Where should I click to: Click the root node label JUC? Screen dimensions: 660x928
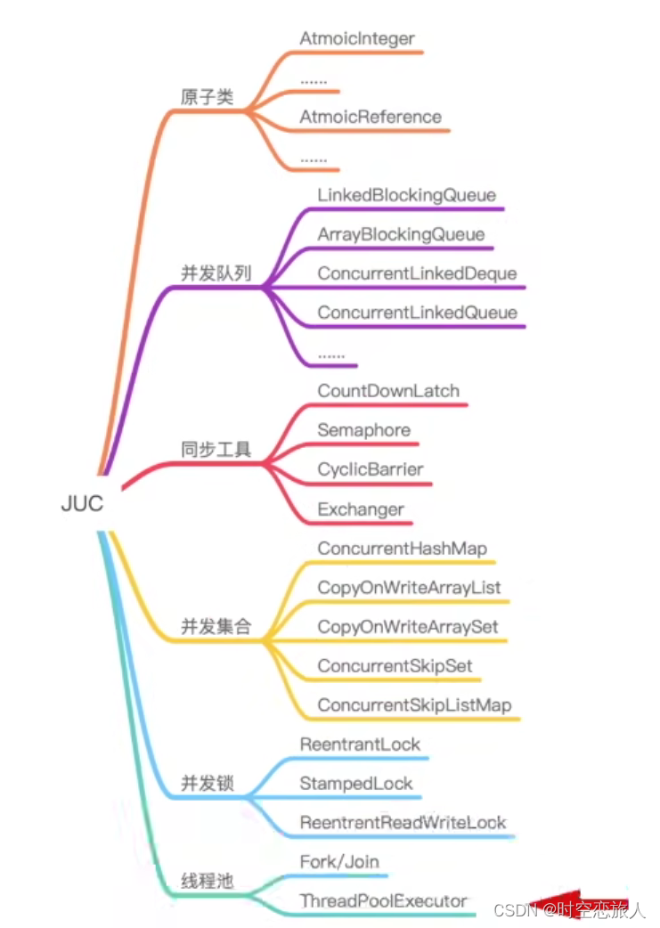(x=82, y=503)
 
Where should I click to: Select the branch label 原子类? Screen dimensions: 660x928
(x=207, y=97)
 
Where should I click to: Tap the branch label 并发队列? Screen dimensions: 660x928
(x=216, y=273)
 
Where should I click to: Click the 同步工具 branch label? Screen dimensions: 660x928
(x=216, y=450)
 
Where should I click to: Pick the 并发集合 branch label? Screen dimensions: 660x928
(x=216, y=626)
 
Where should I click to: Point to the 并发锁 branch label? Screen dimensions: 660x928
(x=207, y=783)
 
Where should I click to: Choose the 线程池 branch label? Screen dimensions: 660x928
(x=207, y=882)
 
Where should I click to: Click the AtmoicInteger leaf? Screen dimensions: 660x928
(x=357, y=39)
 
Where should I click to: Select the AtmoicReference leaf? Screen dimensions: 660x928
(x=371, y=117)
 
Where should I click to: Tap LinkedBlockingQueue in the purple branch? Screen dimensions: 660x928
(x=406, y=195)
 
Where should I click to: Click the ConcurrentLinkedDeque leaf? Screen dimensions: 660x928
(x=417, y=273)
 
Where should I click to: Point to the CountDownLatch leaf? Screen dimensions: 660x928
(x=388, y=391)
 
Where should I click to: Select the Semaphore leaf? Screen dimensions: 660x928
(x=364, y=430)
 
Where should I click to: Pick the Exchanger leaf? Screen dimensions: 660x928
(x=361, y=509)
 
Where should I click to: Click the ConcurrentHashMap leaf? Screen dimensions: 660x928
(x=402, y=549)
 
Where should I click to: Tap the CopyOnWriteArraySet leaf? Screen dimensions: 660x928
(x=408, y=627)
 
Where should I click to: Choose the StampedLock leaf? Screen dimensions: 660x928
(x=356, y=784)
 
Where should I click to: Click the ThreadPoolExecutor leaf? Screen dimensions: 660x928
(x=383, y=901)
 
